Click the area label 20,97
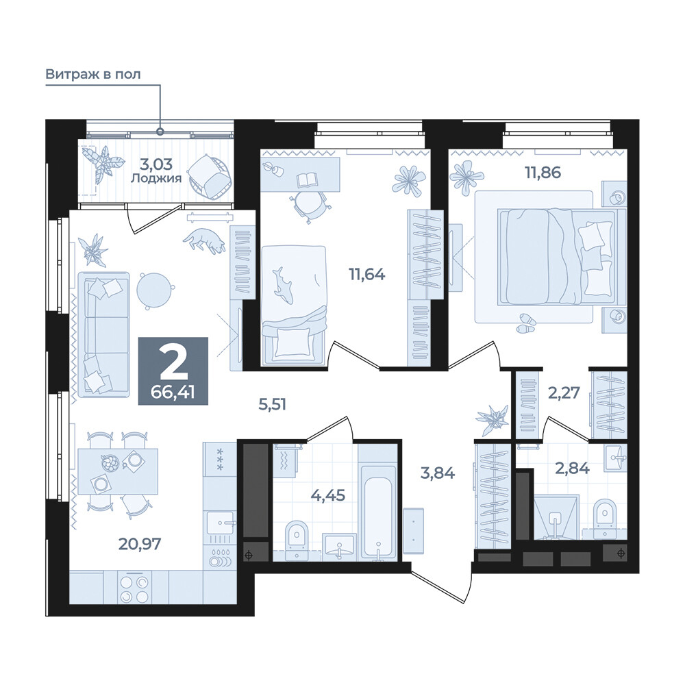[x=140, y=544]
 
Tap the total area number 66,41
[x=173, y=393]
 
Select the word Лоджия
[x=156, y=178]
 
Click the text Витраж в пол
[x=93, y=74]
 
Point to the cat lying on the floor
[x=204, y=240]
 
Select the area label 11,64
[x=367, y=275]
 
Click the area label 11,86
[x=543, y=173]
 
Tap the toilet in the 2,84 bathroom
[x=605, y=518]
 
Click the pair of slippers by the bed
[x=526, y=323]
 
